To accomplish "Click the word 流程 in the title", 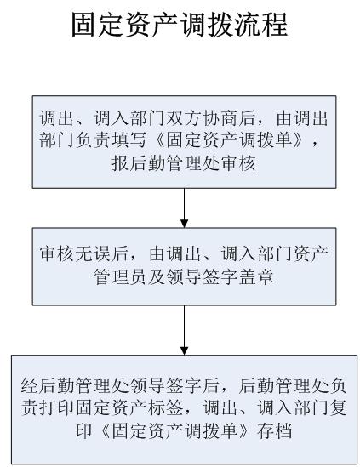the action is click(261, 25).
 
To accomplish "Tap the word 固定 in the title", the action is click(99, 25).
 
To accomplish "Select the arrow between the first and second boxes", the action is click(184, 208).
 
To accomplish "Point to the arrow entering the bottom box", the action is click(184, 330).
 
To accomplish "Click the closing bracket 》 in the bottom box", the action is click(244, 431).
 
